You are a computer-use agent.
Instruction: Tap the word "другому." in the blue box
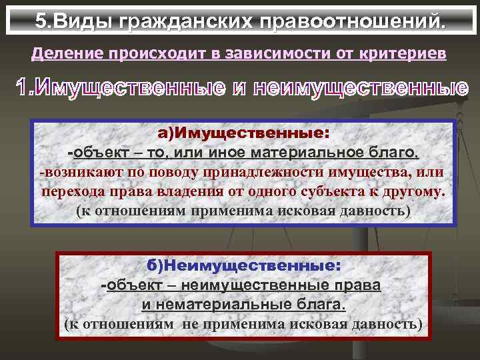[415, 193]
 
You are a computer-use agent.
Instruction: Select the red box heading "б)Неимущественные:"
[244, 265]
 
